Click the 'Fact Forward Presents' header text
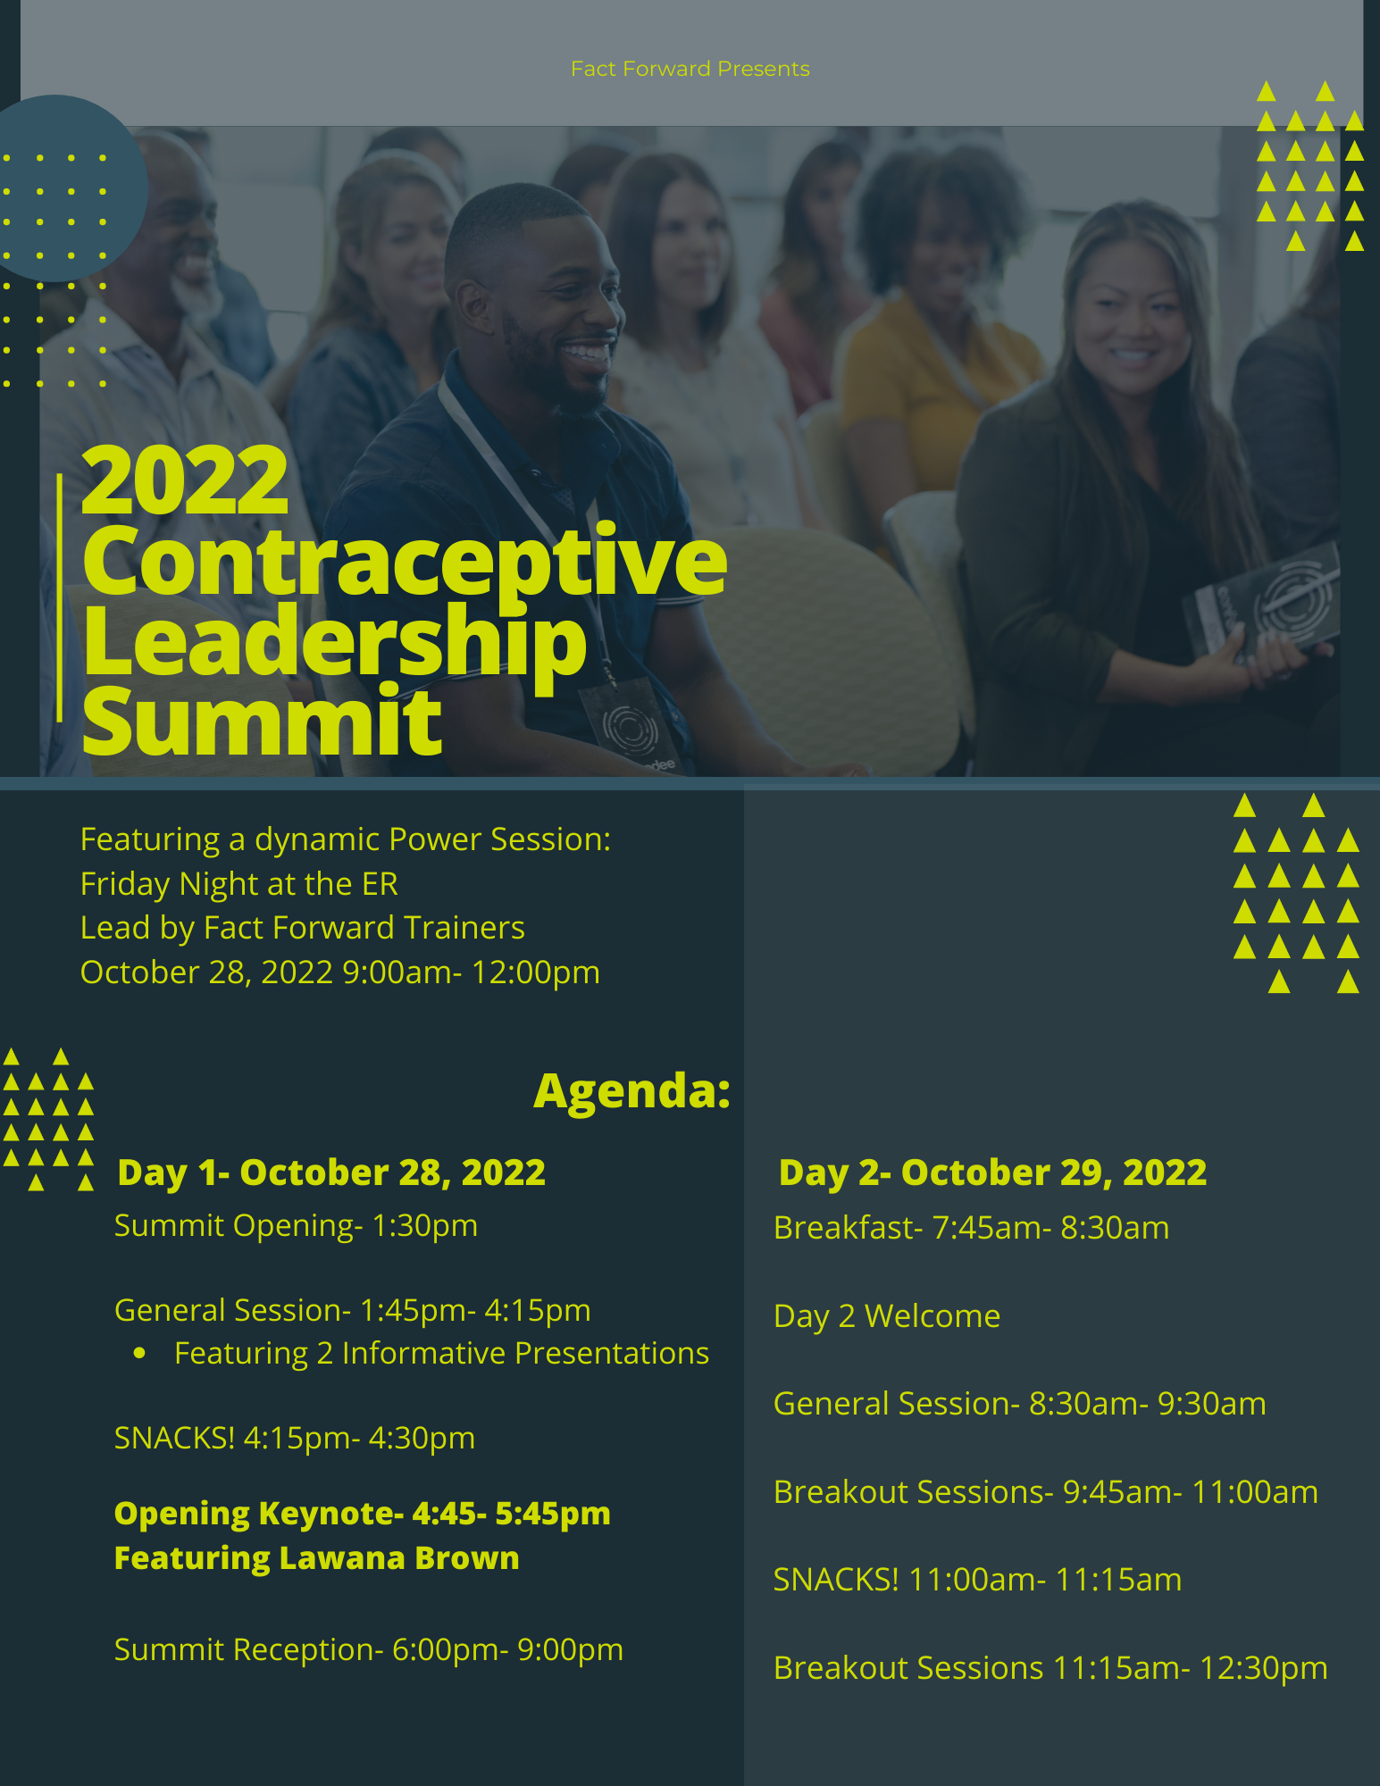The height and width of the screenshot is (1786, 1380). tap(690, 69)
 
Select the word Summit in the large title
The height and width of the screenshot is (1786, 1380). tap(262, 721)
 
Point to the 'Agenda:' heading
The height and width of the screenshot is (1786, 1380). tap(632, 1090)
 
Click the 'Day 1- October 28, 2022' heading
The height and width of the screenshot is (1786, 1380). tap(331, 1173)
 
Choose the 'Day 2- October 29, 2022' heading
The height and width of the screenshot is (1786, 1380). tap(992, 1173)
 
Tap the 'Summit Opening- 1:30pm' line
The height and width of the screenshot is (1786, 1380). tap(296, 1226)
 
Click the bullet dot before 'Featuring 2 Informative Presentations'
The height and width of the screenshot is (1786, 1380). tap(139, 1354)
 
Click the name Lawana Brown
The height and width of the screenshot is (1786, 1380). tap(399, 1557)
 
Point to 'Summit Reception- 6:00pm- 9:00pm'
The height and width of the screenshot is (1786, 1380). tap(369, 1650)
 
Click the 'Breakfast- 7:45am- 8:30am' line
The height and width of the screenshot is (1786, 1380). tap(971, 1229)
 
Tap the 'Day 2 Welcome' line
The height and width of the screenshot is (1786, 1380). tap(887, 1316)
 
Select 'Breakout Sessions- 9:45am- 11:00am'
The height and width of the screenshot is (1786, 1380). tap(1046, 1492)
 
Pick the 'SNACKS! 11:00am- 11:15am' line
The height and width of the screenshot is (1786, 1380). tap(977, 1580)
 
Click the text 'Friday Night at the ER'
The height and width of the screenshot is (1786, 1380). tap(239, 884)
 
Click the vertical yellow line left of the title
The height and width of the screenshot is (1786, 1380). tap(60, 597)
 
